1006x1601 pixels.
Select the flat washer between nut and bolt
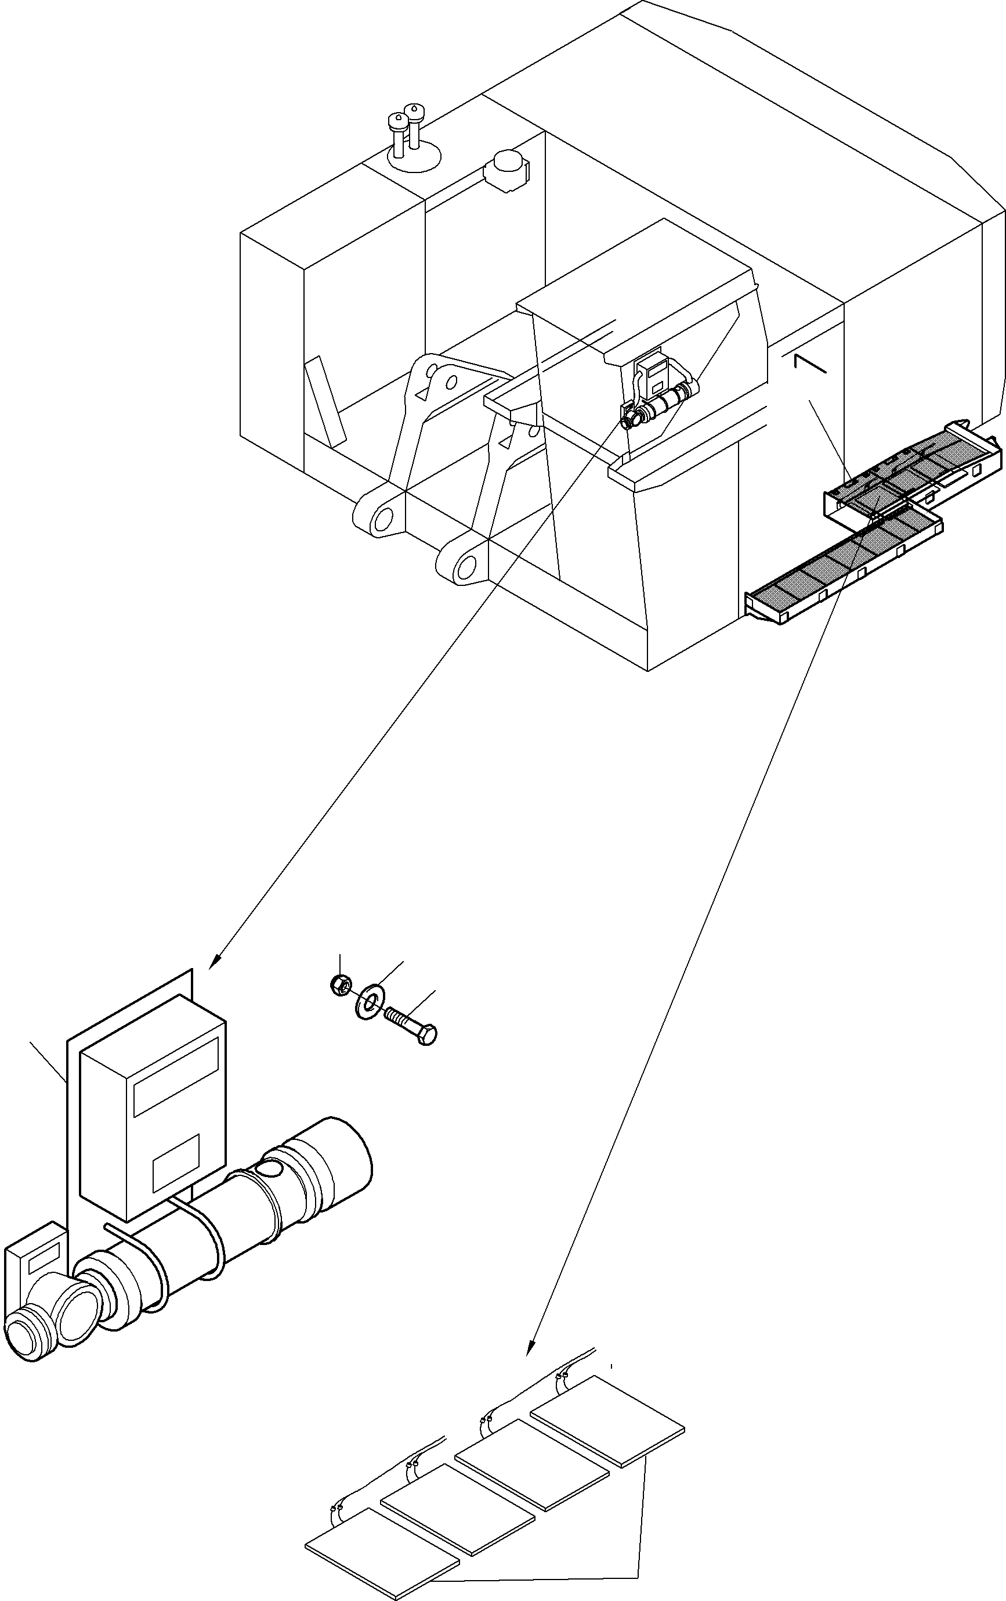(x=366, y=996)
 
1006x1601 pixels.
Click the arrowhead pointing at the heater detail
(x=213, y=962)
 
